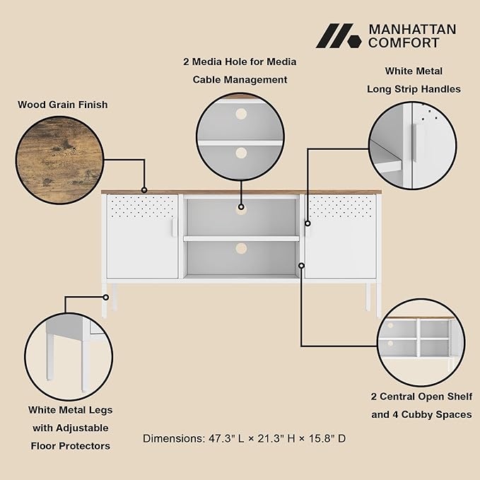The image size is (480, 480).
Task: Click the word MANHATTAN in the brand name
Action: click(x=412, y=30)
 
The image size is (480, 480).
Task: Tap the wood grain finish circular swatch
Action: click(x=59, y=160)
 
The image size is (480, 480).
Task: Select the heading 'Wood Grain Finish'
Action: click(x=63, y=105)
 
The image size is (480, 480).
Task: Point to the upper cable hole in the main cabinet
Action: click(x=241, y=210)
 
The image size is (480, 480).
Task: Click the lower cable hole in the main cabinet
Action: click(x=241, y=249)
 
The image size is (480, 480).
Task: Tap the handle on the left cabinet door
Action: click(x=174, y=228)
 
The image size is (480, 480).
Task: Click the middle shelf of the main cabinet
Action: click(x=241, y=238)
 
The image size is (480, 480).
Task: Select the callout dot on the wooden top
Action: click(x=144, y=190)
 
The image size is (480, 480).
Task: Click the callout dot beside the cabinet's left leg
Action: click(x=105, y=297)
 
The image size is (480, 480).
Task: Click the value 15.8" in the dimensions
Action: click(x=322, y=438)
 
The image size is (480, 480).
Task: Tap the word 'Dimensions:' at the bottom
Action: click(x=174, y=438)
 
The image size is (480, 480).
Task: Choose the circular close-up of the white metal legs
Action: click(x=69, y=356)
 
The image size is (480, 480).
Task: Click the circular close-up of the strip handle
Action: click(x=413, y=146)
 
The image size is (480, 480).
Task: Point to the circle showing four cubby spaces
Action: click(x=421, y=343)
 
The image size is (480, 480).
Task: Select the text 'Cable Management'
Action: click(x=240, y=80)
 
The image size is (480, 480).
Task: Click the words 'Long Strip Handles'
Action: click(x=414, y=89)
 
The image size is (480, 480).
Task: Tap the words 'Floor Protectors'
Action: click(x=71, y=446)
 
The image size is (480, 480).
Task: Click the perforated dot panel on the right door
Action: click(x=341, y=206)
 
